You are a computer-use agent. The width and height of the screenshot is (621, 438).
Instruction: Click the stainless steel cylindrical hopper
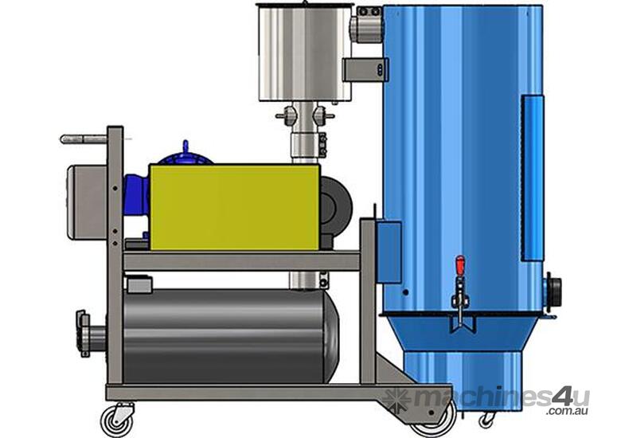305,52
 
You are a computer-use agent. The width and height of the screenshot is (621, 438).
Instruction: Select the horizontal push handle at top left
84,139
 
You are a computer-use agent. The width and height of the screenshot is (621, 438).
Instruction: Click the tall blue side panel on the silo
532,177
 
